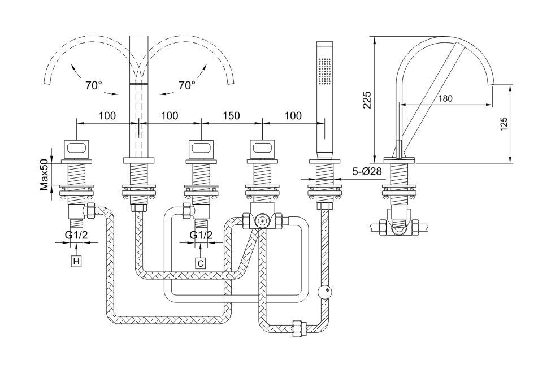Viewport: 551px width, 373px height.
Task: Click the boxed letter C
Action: click(201, 262)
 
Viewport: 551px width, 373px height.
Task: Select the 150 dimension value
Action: click(231, 116)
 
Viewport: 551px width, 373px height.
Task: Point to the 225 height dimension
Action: click(366, 100)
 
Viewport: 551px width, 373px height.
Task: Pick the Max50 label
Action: click(44, 174)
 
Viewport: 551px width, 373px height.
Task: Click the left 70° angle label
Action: click(94, 86)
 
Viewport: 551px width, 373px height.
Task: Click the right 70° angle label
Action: click(186, 85)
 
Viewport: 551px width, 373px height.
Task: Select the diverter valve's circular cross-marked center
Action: click(262, 220)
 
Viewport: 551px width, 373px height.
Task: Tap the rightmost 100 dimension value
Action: click(293, 116)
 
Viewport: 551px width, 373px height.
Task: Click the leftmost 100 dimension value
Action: click(107, 116)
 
